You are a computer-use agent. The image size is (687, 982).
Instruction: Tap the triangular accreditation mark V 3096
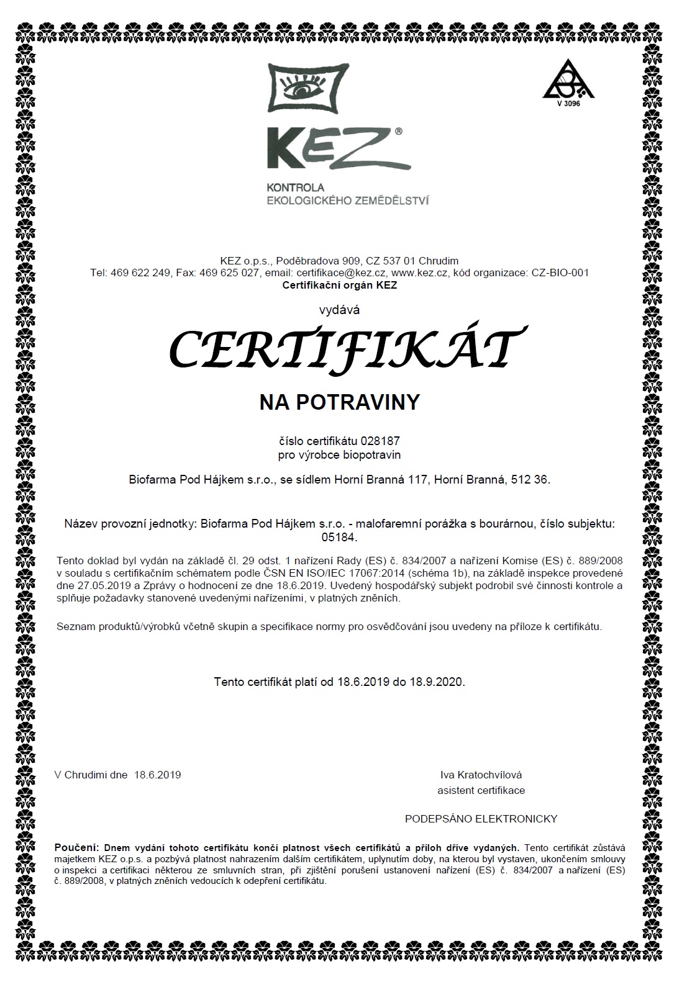(x=568, y=83)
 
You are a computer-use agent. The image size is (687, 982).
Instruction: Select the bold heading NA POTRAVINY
(x=339, y=402)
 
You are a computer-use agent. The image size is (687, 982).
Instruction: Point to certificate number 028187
(x=384, y=441)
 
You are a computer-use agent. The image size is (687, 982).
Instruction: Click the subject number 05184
(x=339, y=538)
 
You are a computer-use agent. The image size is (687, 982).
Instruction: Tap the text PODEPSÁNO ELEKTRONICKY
(x=481, y=819)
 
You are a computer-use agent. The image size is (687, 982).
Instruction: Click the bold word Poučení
(x=76, y=847)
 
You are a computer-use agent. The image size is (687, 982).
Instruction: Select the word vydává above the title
(x=339, y=309)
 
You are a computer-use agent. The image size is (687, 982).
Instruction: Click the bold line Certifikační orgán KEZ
(x=339, y=286)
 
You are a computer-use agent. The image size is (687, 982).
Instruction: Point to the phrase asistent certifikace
(x=481, y=790)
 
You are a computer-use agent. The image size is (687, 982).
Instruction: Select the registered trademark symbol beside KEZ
(x=398, y=132)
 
